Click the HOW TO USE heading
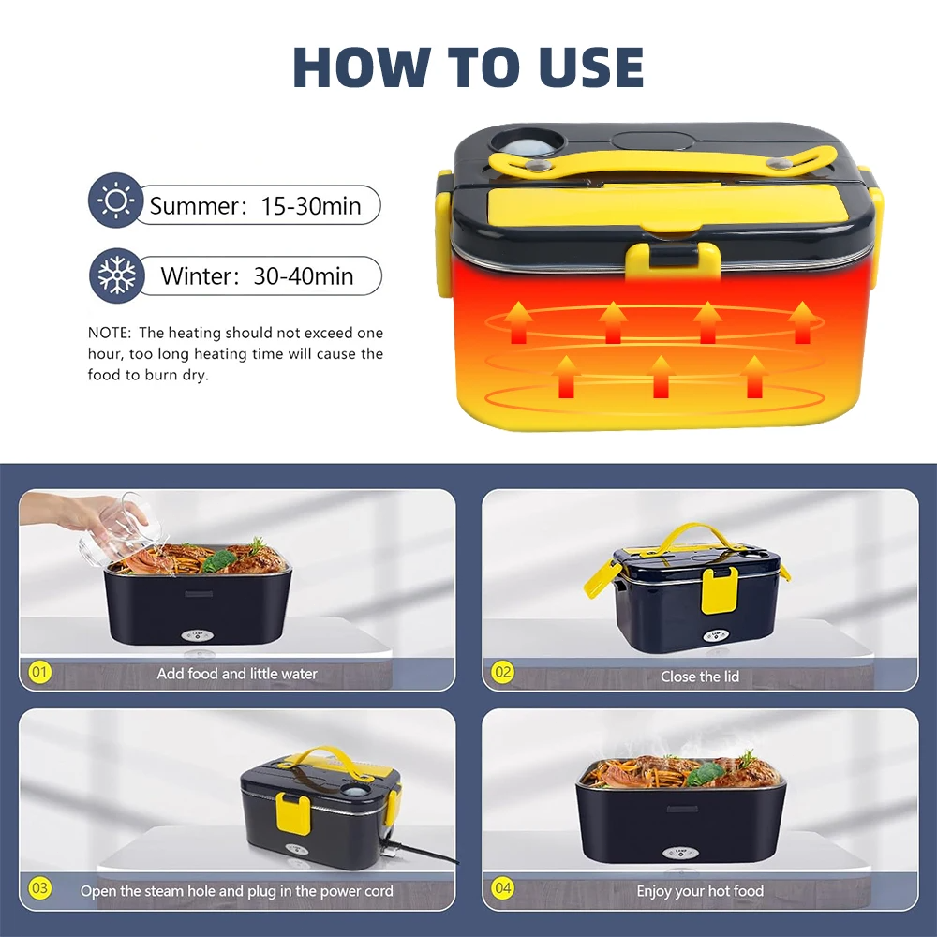[468, 67]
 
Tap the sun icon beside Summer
[115, 201]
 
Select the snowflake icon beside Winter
[116, 275]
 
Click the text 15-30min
[311, 206]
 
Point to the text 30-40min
[304, 276]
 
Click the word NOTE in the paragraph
[108, 333]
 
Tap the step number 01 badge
[39, 672]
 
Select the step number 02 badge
[502, 672]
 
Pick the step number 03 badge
[39, 888]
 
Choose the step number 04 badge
[502, 888]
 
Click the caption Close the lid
[700, 677]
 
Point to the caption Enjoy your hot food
[700, 891]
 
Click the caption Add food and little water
[237, 674]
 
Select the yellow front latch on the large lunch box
[673, 260]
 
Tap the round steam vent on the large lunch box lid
[527, 143]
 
